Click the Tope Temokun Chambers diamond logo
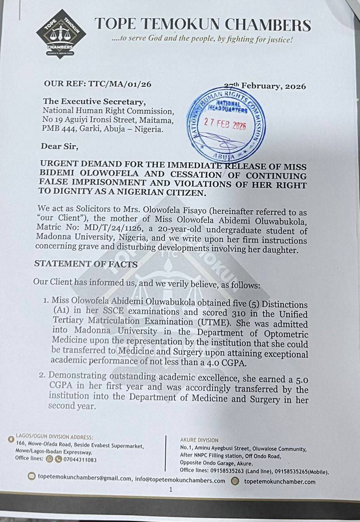61,34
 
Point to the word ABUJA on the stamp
224,156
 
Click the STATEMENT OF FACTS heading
86,264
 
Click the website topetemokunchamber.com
280,482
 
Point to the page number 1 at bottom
171,489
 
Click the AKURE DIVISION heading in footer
199,440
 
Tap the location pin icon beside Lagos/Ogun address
11,440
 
